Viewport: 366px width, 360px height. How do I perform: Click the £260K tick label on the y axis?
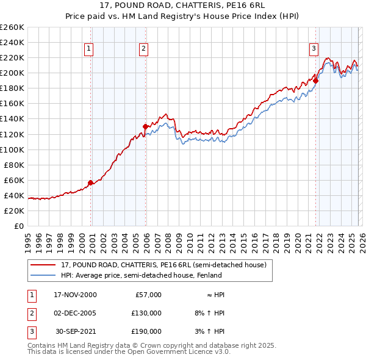click(12, 27)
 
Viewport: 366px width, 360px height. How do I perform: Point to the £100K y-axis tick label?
click(12, 149)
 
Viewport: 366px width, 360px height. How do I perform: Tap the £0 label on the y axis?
click(19, 226)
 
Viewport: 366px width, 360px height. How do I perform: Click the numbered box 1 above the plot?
click(89, 49)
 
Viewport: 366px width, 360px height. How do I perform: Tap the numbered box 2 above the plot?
click(143, 49)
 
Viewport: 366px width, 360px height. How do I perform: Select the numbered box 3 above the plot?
click(314, 49)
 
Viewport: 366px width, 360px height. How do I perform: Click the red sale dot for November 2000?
click(90, 182)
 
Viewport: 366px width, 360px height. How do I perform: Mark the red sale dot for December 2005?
click(145, 126)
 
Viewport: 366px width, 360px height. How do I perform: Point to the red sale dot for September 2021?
click(316, 81)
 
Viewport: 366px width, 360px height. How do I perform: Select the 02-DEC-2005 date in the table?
click(75, 313)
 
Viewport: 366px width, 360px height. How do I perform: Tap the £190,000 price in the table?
click(146, 331)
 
